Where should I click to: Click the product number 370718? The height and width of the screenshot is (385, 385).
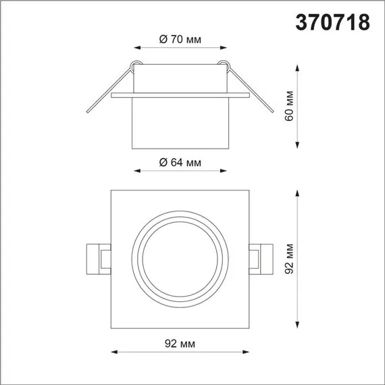[x=333, y=23]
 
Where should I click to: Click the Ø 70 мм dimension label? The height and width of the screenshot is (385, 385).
[x=181, y=39]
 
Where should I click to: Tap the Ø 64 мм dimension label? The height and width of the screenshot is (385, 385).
[x=180, y=162]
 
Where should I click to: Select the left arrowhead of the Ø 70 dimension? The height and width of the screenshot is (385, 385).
[x=138, y=48]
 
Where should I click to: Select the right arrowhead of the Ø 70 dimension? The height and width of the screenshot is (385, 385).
[x=224, y=48]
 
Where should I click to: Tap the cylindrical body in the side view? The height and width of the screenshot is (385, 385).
[x=180, y=122]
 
